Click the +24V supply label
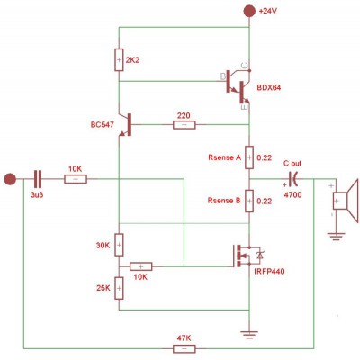[267, 11]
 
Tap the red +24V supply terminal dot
[249, 11]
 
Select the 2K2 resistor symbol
[119, 59]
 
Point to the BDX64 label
[269, 88]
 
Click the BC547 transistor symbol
[125, 124]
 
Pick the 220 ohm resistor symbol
[184, 125]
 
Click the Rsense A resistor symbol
[249, 157]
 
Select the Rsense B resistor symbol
[249, 201]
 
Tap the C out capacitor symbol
[292, 179]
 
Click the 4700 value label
[292, 195]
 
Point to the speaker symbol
[346, 201]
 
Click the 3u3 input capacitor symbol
[38, 179]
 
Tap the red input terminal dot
[10, 179]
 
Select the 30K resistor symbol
[119, 245]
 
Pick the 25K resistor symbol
[119, 288]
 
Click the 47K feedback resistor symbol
[184, 348]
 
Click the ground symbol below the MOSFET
[249, 335]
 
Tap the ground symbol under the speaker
[336, 237]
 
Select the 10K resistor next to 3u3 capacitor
[76, 179]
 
